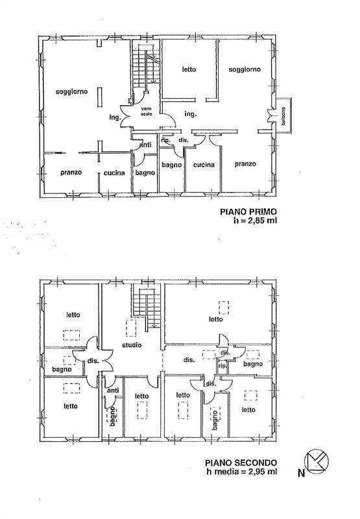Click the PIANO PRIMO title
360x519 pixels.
pyautogui.click(x=248, y=211)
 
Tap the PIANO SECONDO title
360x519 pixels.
pyautogui.click(x=241, y=463)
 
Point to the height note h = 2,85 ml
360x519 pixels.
pyautogui.click(x=255, y=221)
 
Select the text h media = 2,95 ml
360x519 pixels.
pyautogui.click(x=242, y=472)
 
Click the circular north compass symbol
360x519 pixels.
pyautogui.click(x=317, y=461)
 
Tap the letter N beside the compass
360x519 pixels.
pyautogui.click(x=301, y=474)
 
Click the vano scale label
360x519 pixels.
pyautogui.click(x=147, y=111)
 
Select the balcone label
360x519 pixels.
pyautogui.click(x=283, y=116)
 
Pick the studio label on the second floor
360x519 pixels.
pyautogui.click(x=132, y=345)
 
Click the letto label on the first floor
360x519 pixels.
pyautogui.click(x=189, y=69)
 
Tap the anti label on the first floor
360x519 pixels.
pyautogui.click(x=145, y=145)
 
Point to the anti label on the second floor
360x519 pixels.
pyautogui.click(x=113, y=391)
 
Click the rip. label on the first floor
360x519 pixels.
pyautogui.click(x=165, y=140)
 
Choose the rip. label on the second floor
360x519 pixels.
pyautogui.click(x=222, y=366)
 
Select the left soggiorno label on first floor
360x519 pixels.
pyautogui.click(x=72, y=91)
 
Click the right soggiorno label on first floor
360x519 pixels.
pyautogui.click(x=245, y=69)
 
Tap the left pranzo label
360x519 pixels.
pyautogui.click(x=71, y=173)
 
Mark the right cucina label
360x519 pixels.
pyautogui.click(x=204, y=165)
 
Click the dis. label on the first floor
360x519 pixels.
pyautogui.click(x=184, y=140)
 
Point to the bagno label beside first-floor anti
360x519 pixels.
pyautogui.click(x=145, y=173)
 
